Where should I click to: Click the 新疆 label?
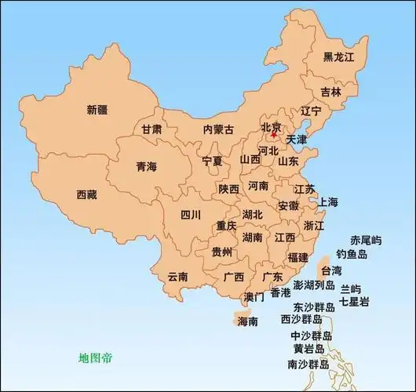click(97, 110)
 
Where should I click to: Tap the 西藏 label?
click(87, 194)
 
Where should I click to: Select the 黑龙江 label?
click(339, 57)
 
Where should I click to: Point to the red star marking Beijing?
click(273, 134)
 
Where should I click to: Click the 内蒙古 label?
click(218, 129)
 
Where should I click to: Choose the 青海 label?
click(147, 166)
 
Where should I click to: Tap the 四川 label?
click(191, 214)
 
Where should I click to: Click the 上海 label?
click(327, 202)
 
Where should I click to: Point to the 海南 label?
click(247, 321)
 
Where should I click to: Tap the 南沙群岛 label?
click(308, 365)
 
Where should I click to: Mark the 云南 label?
click(178, 277)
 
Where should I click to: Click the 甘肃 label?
click(152, 129)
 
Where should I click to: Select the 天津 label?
click(297, 140)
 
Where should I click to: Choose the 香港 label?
click(280, 293)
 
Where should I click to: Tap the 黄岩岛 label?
click(308, 349)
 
